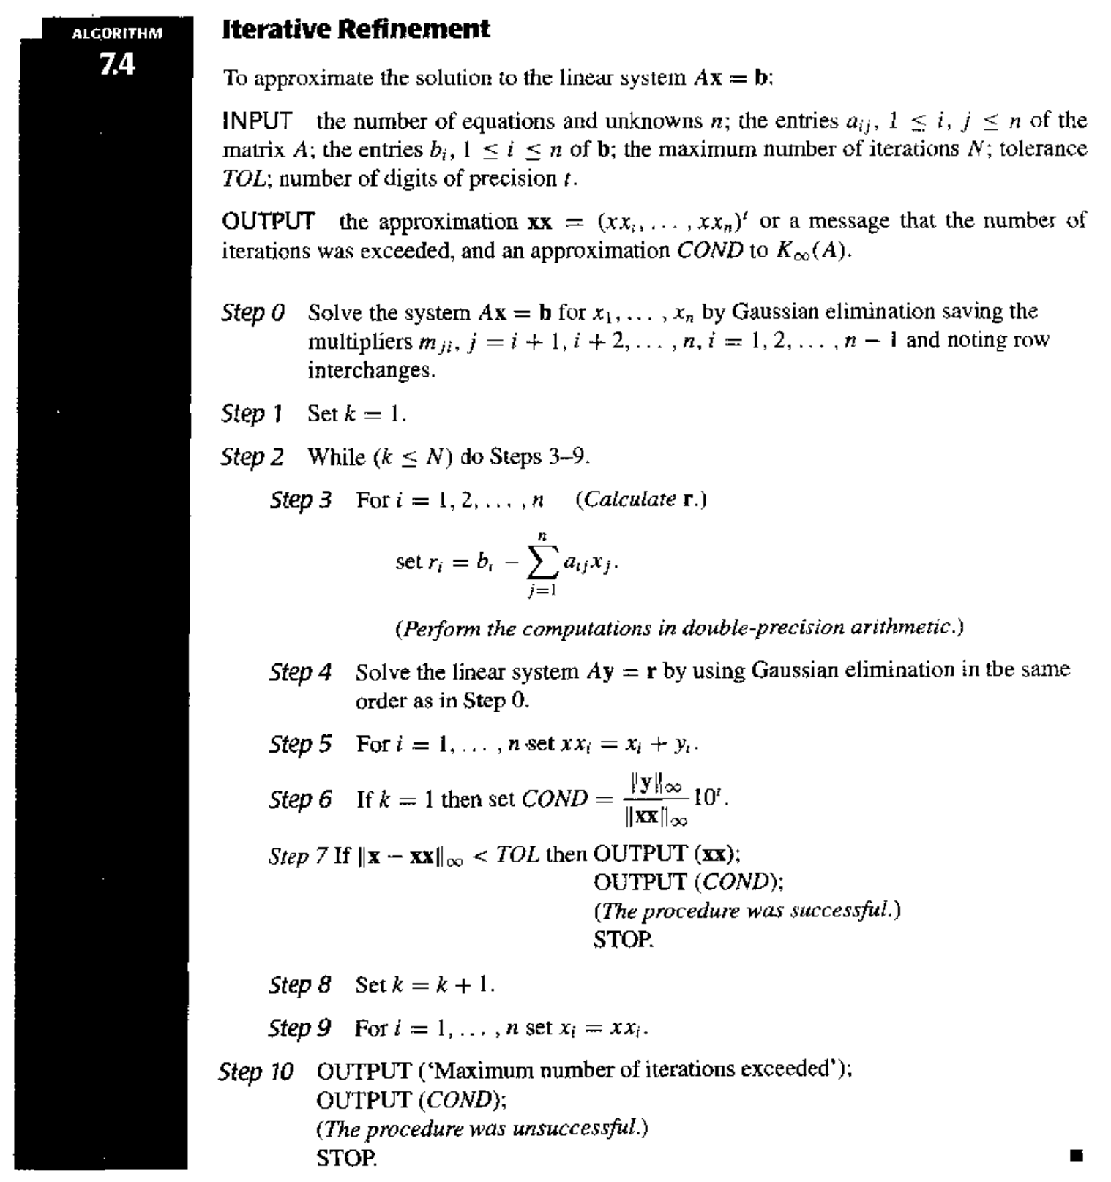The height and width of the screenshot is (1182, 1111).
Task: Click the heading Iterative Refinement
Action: (356, 29)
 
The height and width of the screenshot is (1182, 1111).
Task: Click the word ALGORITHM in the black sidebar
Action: (117, 33)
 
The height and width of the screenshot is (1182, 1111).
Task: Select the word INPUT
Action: (257, 121)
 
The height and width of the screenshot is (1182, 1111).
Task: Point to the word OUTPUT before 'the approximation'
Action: (268, 221)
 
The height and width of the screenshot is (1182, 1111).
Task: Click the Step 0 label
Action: (252, 313)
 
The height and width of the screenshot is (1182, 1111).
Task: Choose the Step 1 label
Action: (252, 414)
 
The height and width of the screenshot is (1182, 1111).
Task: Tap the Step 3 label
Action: (300, 500)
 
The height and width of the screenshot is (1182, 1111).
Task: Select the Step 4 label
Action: (300, 671)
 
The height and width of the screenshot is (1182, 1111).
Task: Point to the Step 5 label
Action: (300, 745)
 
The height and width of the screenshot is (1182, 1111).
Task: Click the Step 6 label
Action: (300, 799)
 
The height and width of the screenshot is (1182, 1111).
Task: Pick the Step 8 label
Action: (300, 985)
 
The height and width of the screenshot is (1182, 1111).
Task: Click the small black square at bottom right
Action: (1075, 1156)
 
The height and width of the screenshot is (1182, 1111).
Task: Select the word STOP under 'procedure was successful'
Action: (623, 940)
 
